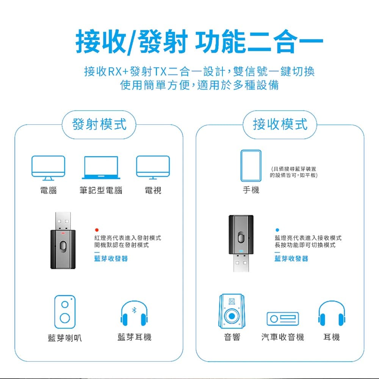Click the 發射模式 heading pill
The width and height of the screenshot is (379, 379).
(x=99, y=124)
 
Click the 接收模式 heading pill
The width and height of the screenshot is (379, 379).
(x=280, y=124)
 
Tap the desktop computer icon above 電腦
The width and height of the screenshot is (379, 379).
(x=48, y=168)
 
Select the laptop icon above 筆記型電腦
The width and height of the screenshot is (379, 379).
(x=101, y=168)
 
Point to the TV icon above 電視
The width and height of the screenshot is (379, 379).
(x=153, y=168)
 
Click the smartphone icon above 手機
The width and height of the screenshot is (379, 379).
(x=251, y=166)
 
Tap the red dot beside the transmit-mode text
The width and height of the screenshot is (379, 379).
(x=97, y=230)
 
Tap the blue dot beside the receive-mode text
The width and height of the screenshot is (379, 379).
(x=277, y=230)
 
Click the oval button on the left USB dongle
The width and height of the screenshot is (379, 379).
(x=63, y=247)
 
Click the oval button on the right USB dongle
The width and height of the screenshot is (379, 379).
(x=241, y=237)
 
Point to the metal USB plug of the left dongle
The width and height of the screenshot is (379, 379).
(x=63, y=221)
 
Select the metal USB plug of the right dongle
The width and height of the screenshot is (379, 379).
(x=241, y=263)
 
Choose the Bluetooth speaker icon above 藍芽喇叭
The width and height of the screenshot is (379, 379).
(x=65, y=312)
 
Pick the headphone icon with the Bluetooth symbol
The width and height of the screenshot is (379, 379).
(x=134, y=313)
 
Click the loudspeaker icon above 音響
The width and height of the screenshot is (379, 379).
(x=232, y=311)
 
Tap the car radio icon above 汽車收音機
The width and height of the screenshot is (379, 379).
(x=283, y=319)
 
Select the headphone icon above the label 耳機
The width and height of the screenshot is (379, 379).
(x=332, y=313)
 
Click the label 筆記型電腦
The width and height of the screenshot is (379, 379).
(x=101, y=191)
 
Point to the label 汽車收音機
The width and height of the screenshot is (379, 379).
(x=283, y=337)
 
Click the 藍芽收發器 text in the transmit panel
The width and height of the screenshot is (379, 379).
(x=111, y=258)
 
